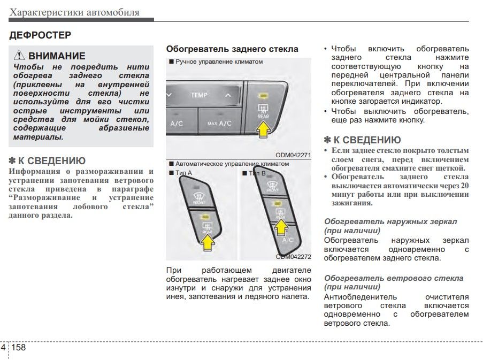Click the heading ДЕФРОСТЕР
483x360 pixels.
tap(41, 35)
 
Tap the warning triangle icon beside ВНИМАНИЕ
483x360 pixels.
tap(19, 56)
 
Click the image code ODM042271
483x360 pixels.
tap(293, 155)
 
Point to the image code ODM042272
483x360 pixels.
tap(293, 256)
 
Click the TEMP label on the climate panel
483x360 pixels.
tap(199, 95)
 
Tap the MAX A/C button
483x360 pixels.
tap(219, 124)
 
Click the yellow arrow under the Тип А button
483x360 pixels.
tap(207, 243)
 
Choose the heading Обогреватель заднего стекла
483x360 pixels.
tap(232, 49)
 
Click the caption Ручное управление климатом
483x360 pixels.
tap(218, 62)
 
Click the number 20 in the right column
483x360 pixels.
tap(465, 186)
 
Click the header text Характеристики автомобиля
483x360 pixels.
tap(75, 12)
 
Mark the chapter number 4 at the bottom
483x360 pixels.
tap(4, 348)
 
